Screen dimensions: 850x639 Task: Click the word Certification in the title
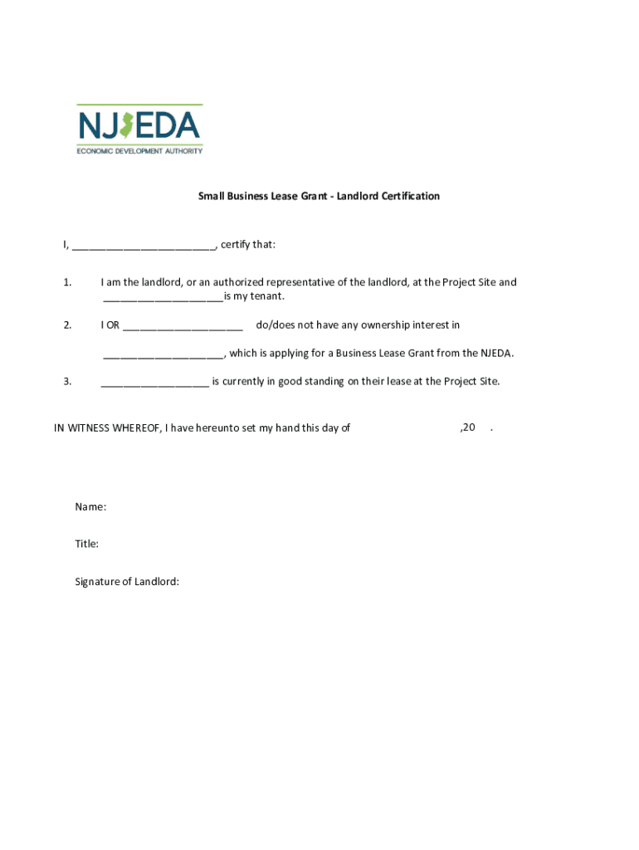(x=407, y=197)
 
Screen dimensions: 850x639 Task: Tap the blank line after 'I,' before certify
(x=144, y=245)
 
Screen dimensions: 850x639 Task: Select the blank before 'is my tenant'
(x=163, y=296)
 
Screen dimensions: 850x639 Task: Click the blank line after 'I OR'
(x=183, y=325)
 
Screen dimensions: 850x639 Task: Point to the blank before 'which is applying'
(x=163, y=354)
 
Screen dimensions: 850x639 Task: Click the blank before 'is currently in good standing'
(x=154, y=382)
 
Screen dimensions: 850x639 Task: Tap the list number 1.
(x=67, y=282)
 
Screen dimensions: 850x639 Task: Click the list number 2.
(x=67, y=325)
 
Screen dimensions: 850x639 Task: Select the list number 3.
(x=67, y=382)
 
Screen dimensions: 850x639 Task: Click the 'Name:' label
(x=90, y=506)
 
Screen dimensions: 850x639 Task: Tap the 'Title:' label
(x=87, y=544)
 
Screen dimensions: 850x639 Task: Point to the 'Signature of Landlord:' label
(x=127, y=582)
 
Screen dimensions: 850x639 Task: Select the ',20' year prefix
(x=467, y=427)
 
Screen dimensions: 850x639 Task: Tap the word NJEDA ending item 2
(x=497, y=354)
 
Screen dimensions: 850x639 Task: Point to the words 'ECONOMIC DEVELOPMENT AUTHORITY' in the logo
(x=139, y=150)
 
